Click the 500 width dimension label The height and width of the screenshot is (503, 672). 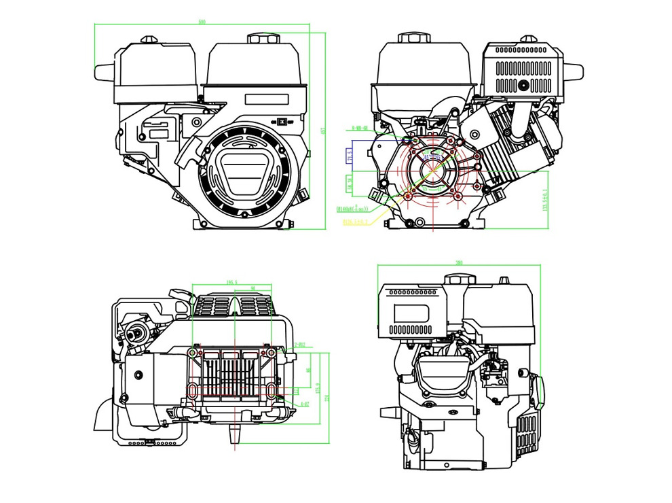[x=202, y=22]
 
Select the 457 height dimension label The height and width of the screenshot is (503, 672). [x=323, y=130]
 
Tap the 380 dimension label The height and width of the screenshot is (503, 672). [x=459, y=262]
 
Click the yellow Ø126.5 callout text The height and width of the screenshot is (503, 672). [x=355, y=221]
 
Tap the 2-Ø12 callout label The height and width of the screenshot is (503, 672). [x=299, y=345]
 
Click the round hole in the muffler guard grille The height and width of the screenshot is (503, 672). [x=524, y=86]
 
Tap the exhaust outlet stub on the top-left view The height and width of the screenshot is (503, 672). [x=103, y=71]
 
